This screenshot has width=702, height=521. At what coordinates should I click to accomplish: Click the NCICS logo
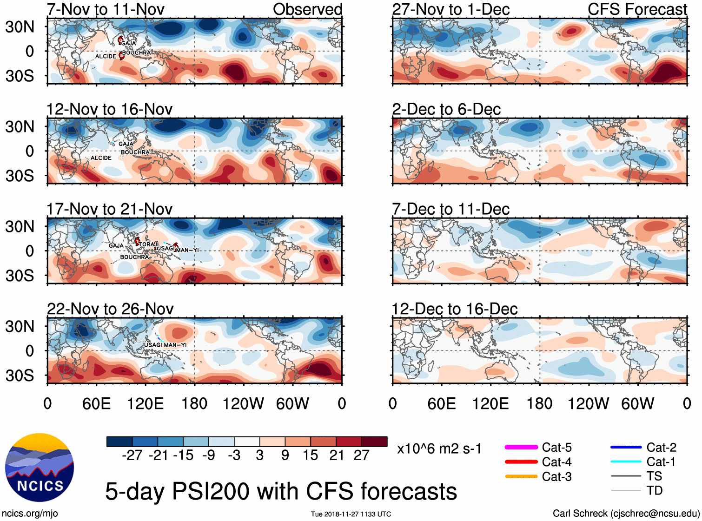(39, 468)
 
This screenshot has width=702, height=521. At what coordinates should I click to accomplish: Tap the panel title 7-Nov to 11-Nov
(106, 9)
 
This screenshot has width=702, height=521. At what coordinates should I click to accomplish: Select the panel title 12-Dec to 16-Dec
(454, 309)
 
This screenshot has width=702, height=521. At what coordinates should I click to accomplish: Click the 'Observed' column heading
(307, 9)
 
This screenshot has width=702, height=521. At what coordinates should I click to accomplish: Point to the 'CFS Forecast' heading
(637, 9)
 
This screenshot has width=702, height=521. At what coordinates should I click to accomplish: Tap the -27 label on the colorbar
(132, 455)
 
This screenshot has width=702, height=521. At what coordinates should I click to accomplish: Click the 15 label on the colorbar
(310, 455)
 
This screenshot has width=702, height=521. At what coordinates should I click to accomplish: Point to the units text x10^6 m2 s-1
(439, 449)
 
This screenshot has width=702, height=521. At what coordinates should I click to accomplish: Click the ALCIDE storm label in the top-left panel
(106, 56)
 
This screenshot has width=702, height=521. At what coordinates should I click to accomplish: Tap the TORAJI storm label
(149, 244)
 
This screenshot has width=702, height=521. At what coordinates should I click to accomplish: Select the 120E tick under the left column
(145, 403)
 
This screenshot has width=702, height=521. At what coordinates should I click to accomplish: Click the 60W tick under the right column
(637, 403)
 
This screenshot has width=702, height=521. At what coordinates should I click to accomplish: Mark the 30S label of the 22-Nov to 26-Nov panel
(20, 375)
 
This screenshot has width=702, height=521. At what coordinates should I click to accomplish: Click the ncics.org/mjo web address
(30, 514)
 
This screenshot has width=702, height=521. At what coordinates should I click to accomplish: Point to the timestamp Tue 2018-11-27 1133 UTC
(351, 514)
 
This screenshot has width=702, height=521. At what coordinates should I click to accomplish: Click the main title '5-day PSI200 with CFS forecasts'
(281, 492)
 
